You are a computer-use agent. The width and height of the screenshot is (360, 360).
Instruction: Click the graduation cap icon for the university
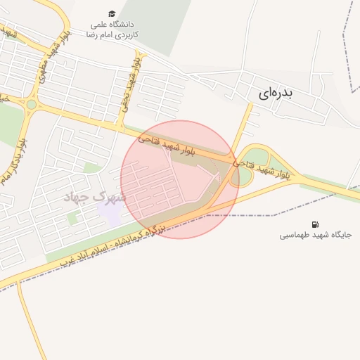pos(112,13)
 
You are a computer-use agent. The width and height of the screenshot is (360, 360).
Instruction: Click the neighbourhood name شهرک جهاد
pos(94,196)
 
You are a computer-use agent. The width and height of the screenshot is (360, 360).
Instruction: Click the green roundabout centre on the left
pos(31,105)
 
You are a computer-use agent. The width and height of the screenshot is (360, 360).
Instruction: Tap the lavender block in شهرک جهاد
pos(111,213)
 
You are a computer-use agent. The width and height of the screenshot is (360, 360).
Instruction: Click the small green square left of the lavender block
pos(72,218)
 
